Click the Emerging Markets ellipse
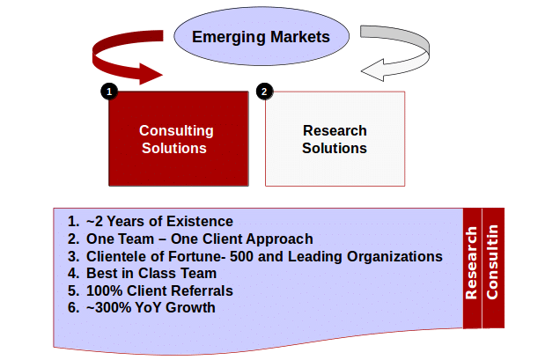(262, 36)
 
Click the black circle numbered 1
(109, 92)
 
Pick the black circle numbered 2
(265, 92)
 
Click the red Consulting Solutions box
(179, 138)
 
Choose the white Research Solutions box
(335, 138)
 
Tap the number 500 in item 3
(241, 256)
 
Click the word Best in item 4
(101, 273)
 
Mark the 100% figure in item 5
(104, 290)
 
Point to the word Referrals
(199, 290)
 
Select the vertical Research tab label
(471, 263)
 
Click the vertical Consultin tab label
(492, 261)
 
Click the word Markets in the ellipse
(300, 37)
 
